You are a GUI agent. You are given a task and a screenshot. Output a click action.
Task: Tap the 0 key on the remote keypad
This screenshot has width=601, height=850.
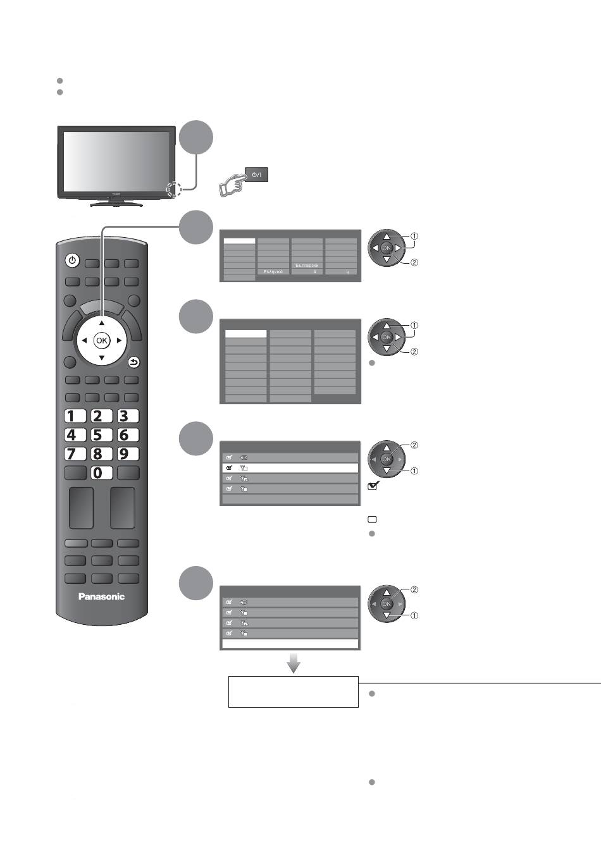coord(98,472)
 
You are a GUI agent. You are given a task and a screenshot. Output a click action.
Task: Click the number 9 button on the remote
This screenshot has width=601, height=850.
coord(124,453)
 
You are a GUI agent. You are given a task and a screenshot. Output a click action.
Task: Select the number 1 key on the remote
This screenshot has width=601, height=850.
coord(75,416)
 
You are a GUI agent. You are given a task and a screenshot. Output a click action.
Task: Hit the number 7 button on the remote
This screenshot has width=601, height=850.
coord(75,453)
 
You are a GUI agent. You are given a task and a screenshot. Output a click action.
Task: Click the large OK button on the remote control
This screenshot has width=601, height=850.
coord(101,340)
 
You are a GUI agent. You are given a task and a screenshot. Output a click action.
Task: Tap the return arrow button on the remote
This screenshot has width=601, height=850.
coord(133,362)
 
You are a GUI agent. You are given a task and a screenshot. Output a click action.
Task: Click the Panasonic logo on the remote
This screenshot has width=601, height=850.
coord(101,596)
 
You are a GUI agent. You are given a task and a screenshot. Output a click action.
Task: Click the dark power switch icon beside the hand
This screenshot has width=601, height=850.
coord(257,175)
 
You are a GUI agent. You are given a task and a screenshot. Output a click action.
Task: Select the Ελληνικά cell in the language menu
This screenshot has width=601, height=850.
coord(273,271)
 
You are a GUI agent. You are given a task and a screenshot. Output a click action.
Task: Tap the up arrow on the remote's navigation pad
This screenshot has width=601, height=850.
coord(101,323)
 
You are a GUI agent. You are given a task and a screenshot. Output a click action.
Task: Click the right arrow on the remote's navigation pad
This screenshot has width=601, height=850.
coord(119,340)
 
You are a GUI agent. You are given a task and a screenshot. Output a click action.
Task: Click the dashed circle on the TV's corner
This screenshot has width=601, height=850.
coord(174,190)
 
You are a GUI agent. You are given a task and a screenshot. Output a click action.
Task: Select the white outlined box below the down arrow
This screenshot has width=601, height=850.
coord(293,692)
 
